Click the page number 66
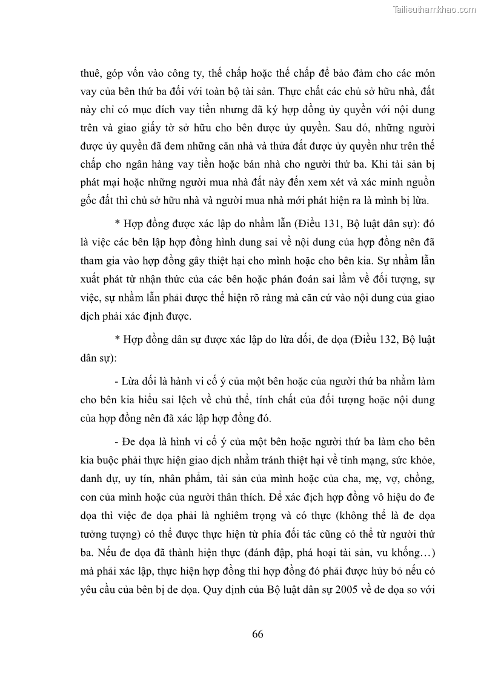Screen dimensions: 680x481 point(257,634)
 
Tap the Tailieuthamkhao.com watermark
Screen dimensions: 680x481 point(435,10)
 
